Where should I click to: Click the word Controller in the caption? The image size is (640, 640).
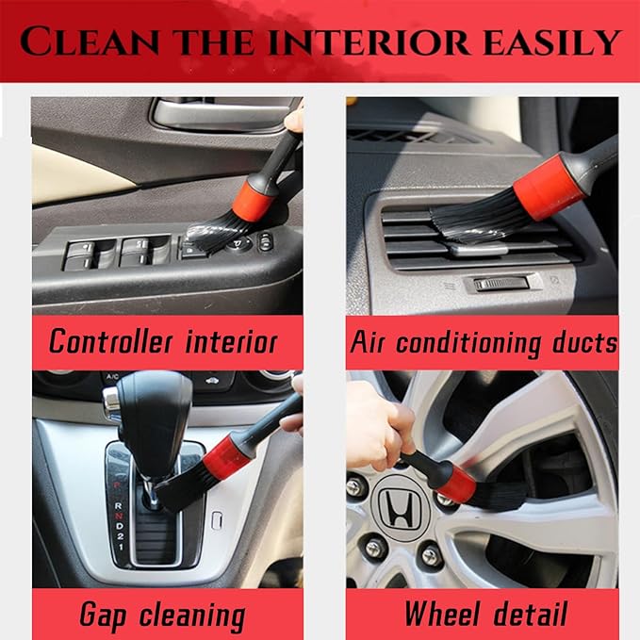[x=112, y=340]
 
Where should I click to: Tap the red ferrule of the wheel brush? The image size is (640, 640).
[x=455, y=482]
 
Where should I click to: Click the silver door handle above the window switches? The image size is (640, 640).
[x=216, y=114]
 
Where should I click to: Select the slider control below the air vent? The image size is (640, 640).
[x=493, y=283]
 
